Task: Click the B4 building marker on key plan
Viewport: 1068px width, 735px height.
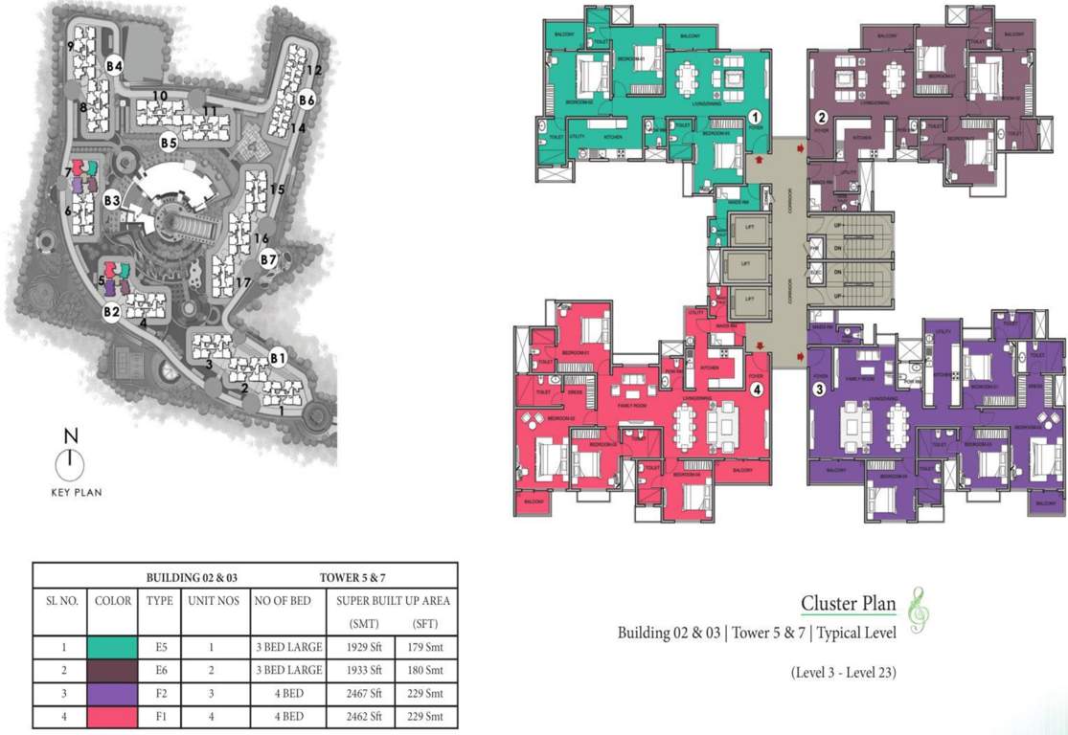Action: coord(115,65)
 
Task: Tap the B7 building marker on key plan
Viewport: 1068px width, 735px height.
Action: coord(268,258)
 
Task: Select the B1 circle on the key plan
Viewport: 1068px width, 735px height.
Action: coord(278,358)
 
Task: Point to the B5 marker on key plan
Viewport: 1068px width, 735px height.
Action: coord(169,143)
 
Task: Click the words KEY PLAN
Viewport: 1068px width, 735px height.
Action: coord(76,493)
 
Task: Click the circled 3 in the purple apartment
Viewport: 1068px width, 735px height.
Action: coord(819,389)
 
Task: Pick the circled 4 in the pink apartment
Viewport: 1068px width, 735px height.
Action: coord(756,390)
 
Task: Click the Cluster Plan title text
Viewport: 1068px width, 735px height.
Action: coord(848,603)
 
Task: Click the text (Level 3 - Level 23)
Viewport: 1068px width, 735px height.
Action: coord(843,672)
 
